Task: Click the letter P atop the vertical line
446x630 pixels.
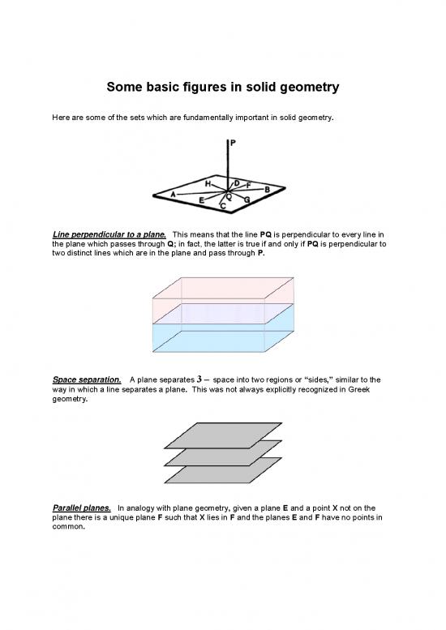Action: tap(233, 143)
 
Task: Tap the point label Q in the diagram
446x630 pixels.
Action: tap(229, 196)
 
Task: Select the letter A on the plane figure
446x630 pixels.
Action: tap(173, 194)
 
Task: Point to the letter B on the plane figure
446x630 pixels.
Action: tap(267, 190)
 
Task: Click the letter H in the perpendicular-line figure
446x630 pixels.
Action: tap(208, 184)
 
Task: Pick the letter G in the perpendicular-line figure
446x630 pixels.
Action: tap(246, 199)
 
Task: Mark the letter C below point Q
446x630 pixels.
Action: tap(223, 207)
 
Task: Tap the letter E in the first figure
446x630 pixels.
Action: tap(201, 200)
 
